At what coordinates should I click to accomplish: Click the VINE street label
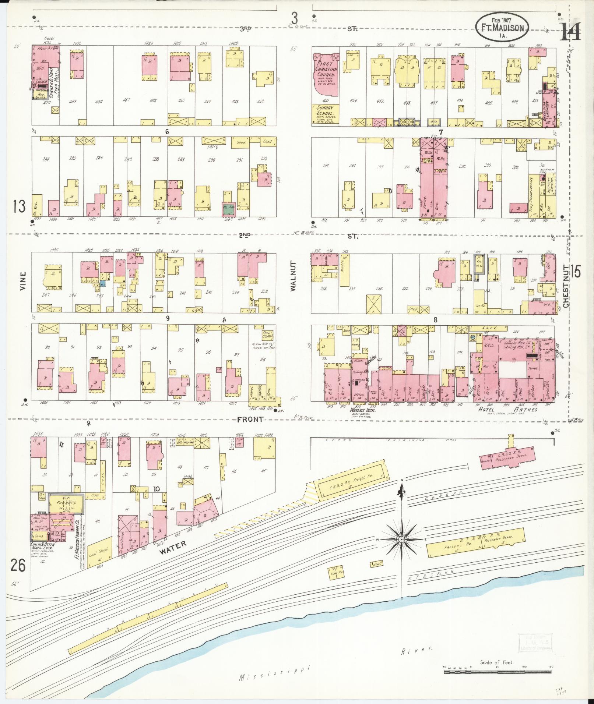tap(23, 281)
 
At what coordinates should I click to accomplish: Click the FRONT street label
tap(250, 419)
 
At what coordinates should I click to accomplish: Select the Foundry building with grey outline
tap(66, 503)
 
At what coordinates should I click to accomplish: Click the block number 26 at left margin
tap(18, 566)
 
